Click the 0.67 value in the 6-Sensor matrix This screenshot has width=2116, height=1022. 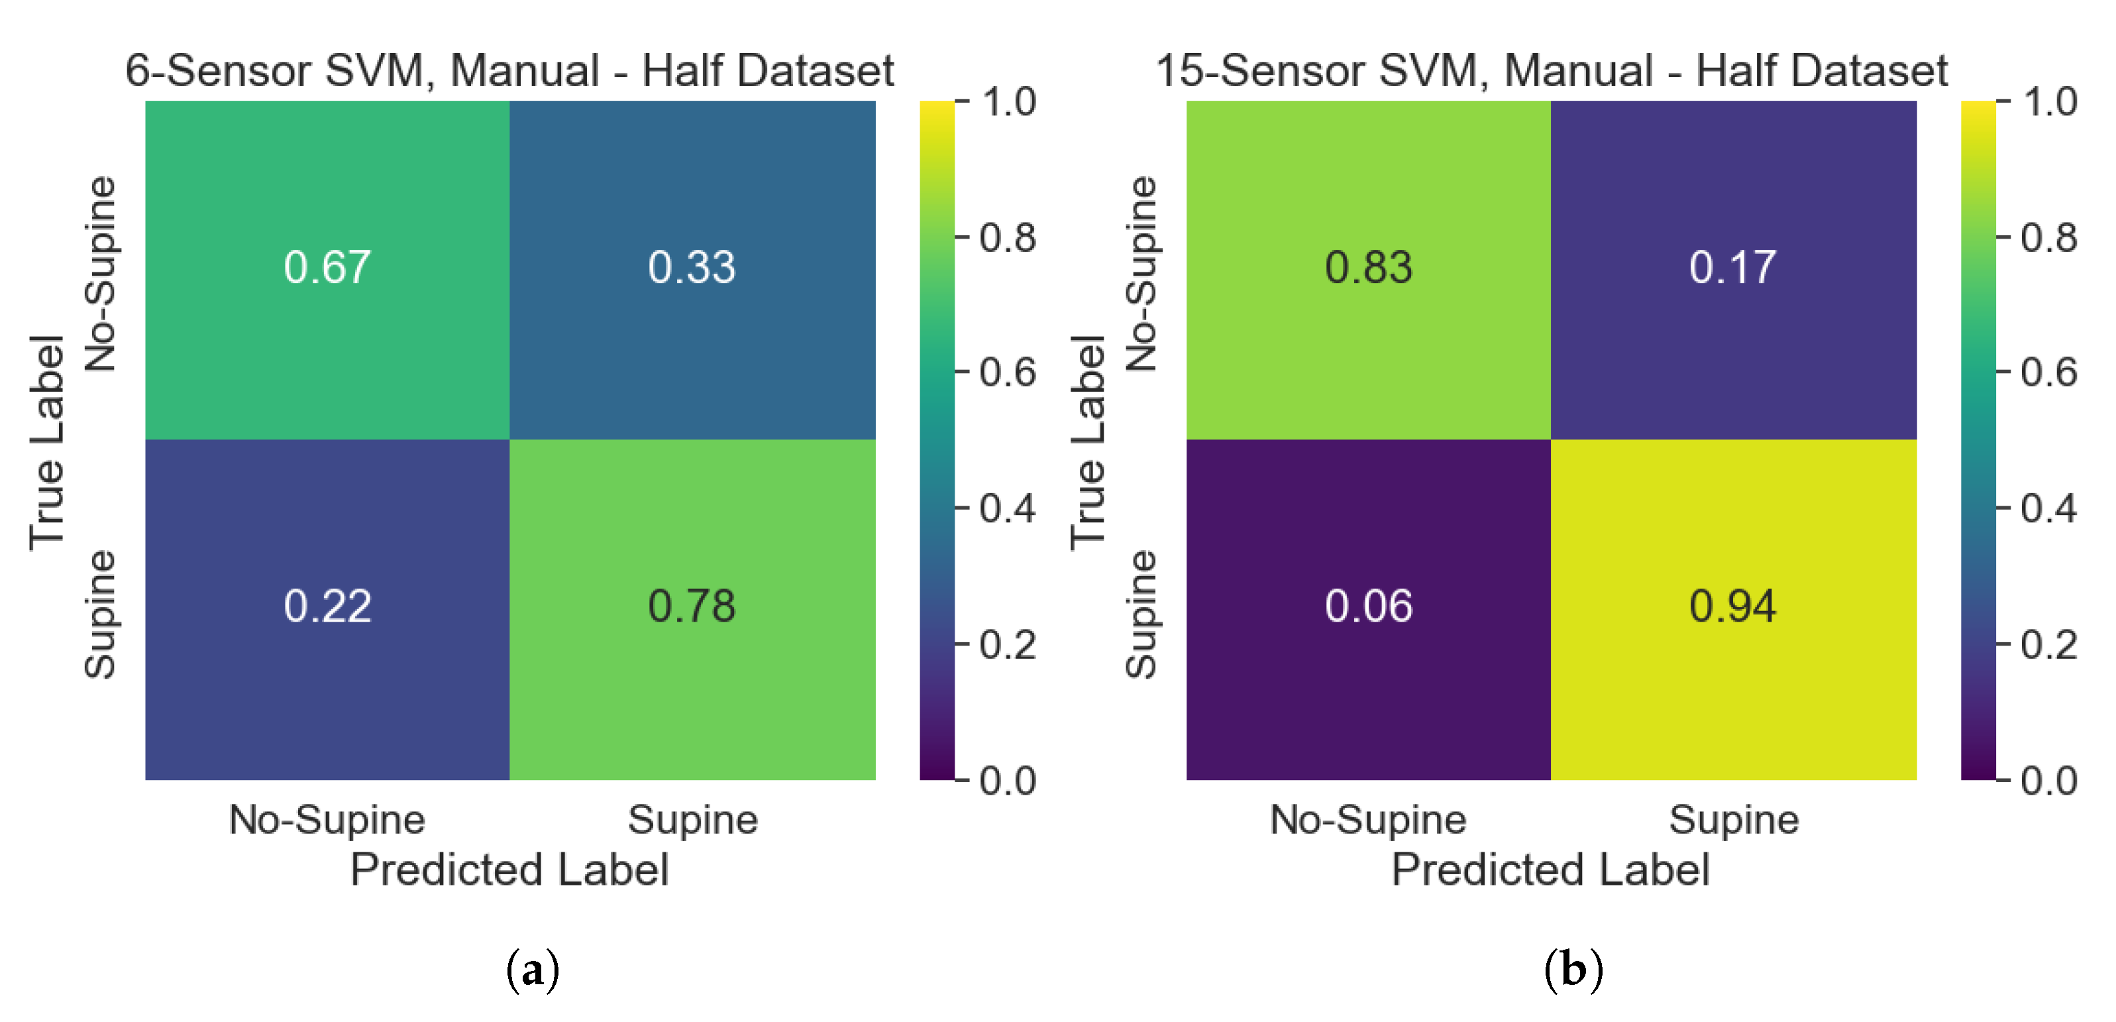[x=327, y=268]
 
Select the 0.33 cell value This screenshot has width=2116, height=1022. [x=691, y=268]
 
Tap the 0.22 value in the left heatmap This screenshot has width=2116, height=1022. [x=327, y=606]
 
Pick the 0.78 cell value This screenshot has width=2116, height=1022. [x=691, y=606]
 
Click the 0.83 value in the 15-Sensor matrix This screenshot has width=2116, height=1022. [x=1369, y=268]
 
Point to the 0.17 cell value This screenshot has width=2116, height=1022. [x=1732, y=268]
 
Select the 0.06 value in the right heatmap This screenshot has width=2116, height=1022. [x=1369, y=606]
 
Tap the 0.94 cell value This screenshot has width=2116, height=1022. [x=1732, y=606]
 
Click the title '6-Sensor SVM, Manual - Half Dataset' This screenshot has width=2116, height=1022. [x=509, y=71]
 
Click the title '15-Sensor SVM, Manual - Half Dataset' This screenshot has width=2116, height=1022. [x=1551, y=71]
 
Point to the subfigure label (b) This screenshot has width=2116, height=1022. [x=1573, y=970]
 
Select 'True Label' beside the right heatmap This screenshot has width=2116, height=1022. [x=1088, y=442]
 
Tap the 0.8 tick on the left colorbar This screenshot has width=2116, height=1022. [x=1007, y=237]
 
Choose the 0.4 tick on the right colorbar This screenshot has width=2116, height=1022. [x=2048, y=508]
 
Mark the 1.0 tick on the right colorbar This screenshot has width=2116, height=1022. [x=2048, y=102]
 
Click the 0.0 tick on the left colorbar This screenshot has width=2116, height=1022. [x=1007, y=781]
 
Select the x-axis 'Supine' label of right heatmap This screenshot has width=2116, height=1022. [x=1733, y=820]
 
